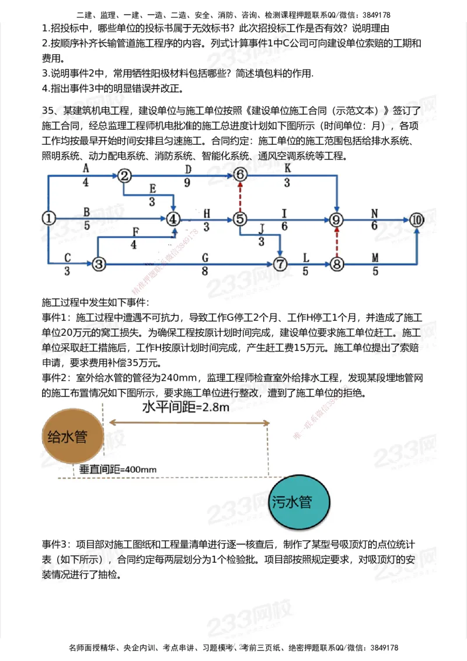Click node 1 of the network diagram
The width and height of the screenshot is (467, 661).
point(49,218)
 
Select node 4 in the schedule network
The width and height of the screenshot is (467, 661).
point(173,218)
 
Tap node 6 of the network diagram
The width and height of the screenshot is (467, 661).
point(241,174)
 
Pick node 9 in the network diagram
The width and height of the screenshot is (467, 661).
point(336,220)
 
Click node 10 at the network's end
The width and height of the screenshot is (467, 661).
point(416,220)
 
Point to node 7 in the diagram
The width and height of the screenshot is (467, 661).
point(281,264)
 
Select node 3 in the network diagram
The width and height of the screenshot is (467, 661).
point(99,264)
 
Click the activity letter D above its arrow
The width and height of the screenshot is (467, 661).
point(188,169)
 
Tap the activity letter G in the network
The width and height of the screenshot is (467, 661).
point(205,257)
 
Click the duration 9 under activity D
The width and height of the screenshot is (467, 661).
point(187,183)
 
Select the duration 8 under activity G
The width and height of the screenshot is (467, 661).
point(205,271)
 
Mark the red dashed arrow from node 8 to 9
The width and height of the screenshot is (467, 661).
point(336,242)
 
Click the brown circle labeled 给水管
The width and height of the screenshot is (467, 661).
point(67,437)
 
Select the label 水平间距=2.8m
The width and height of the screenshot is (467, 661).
point(186,407)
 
